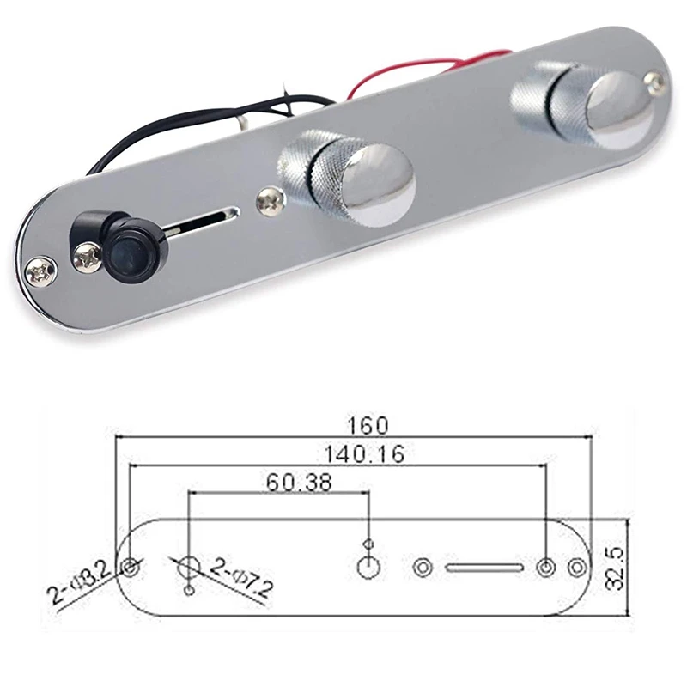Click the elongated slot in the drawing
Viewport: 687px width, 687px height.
[x=483, y=568]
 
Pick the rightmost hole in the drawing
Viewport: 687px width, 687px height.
[x=577, y=568]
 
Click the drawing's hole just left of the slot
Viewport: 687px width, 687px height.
[x=423, y=568]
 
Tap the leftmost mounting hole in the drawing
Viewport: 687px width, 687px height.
[x=131, y=568]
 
